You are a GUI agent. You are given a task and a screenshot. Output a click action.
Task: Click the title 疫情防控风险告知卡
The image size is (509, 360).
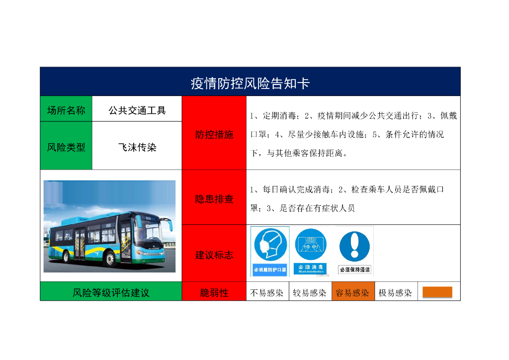pyautogui.click(x=250, y=83)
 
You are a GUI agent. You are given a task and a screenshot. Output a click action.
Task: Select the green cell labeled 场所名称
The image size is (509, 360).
pyautogui.click(x=66, y=110)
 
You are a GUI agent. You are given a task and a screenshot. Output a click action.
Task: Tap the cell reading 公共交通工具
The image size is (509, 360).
pyautogui.click(x=137, y=110)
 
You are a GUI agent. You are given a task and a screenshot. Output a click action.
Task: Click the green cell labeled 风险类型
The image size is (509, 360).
pyautogui.click(x=66, y=147)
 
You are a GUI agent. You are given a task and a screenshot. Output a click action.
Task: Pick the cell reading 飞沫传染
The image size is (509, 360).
pyautogui.click(x=137, y=147)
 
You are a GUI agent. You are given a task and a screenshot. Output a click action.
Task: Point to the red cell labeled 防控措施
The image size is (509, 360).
pyautogui.click(x=214, y=135)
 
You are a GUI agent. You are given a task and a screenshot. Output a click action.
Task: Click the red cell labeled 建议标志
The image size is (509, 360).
pyautogui.click(x=214, y=255)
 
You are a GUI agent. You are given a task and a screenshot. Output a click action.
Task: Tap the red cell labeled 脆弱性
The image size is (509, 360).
pyautogui.click(x=214, y=293)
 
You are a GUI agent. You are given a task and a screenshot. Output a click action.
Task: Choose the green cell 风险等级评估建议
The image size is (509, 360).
pyautogui.click(x=111, y=293)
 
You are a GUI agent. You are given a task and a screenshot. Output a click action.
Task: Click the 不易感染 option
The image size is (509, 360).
pyautogui.click(x=267, y=293)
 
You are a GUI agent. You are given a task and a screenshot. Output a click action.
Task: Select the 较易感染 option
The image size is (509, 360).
pyautogui.click(x=310, y=293)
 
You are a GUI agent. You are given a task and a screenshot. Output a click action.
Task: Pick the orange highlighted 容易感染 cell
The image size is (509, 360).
pyautogui.click(x=352, y=293)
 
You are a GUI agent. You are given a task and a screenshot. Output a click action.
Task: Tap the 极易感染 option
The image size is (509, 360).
pyautogui.click(x=395, y=293)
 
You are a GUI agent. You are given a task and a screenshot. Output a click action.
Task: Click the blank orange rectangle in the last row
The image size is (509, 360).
pyautogui.click(x=437, y=292)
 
